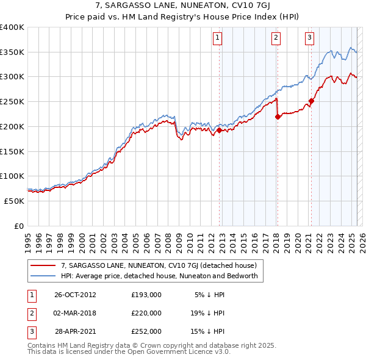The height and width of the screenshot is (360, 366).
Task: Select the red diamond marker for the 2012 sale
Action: tap(219, 129)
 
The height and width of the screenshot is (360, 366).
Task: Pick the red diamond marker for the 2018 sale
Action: tap(278, 117)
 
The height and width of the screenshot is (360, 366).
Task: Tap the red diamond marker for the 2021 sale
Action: tap(311, 101)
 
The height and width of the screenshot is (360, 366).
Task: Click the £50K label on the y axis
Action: tap(14, 201)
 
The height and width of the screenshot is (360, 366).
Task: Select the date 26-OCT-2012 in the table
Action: tap(75, 294)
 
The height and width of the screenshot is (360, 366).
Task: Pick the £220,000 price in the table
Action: tap(146, 313)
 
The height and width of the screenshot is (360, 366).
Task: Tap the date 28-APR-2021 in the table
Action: tap(75, 332)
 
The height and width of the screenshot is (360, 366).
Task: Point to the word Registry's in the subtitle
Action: tap(196, 18)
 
